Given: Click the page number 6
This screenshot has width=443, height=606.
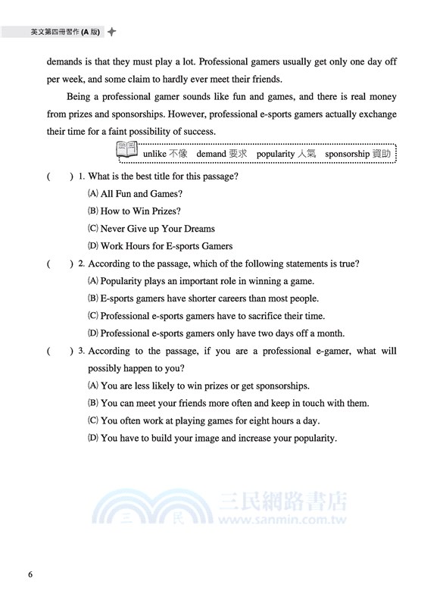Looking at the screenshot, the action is click(x=30, y=573).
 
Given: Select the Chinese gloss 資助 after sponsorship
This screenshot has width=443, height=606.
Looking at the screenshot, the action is click(x=384, y=154).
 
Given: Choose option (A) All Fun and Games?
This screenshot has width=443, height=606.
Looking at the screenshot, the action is click(x=136, y=194).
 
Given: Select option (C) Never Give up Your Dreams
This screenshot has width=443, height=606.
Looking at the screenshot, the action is click(x=151, y=229).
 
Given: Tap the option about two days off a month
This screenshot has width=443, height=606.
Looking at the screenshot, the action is click(x=217, y=333).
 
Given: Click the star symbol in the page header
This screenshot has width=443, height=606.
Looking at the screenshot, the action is click(x=111, y=32).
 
